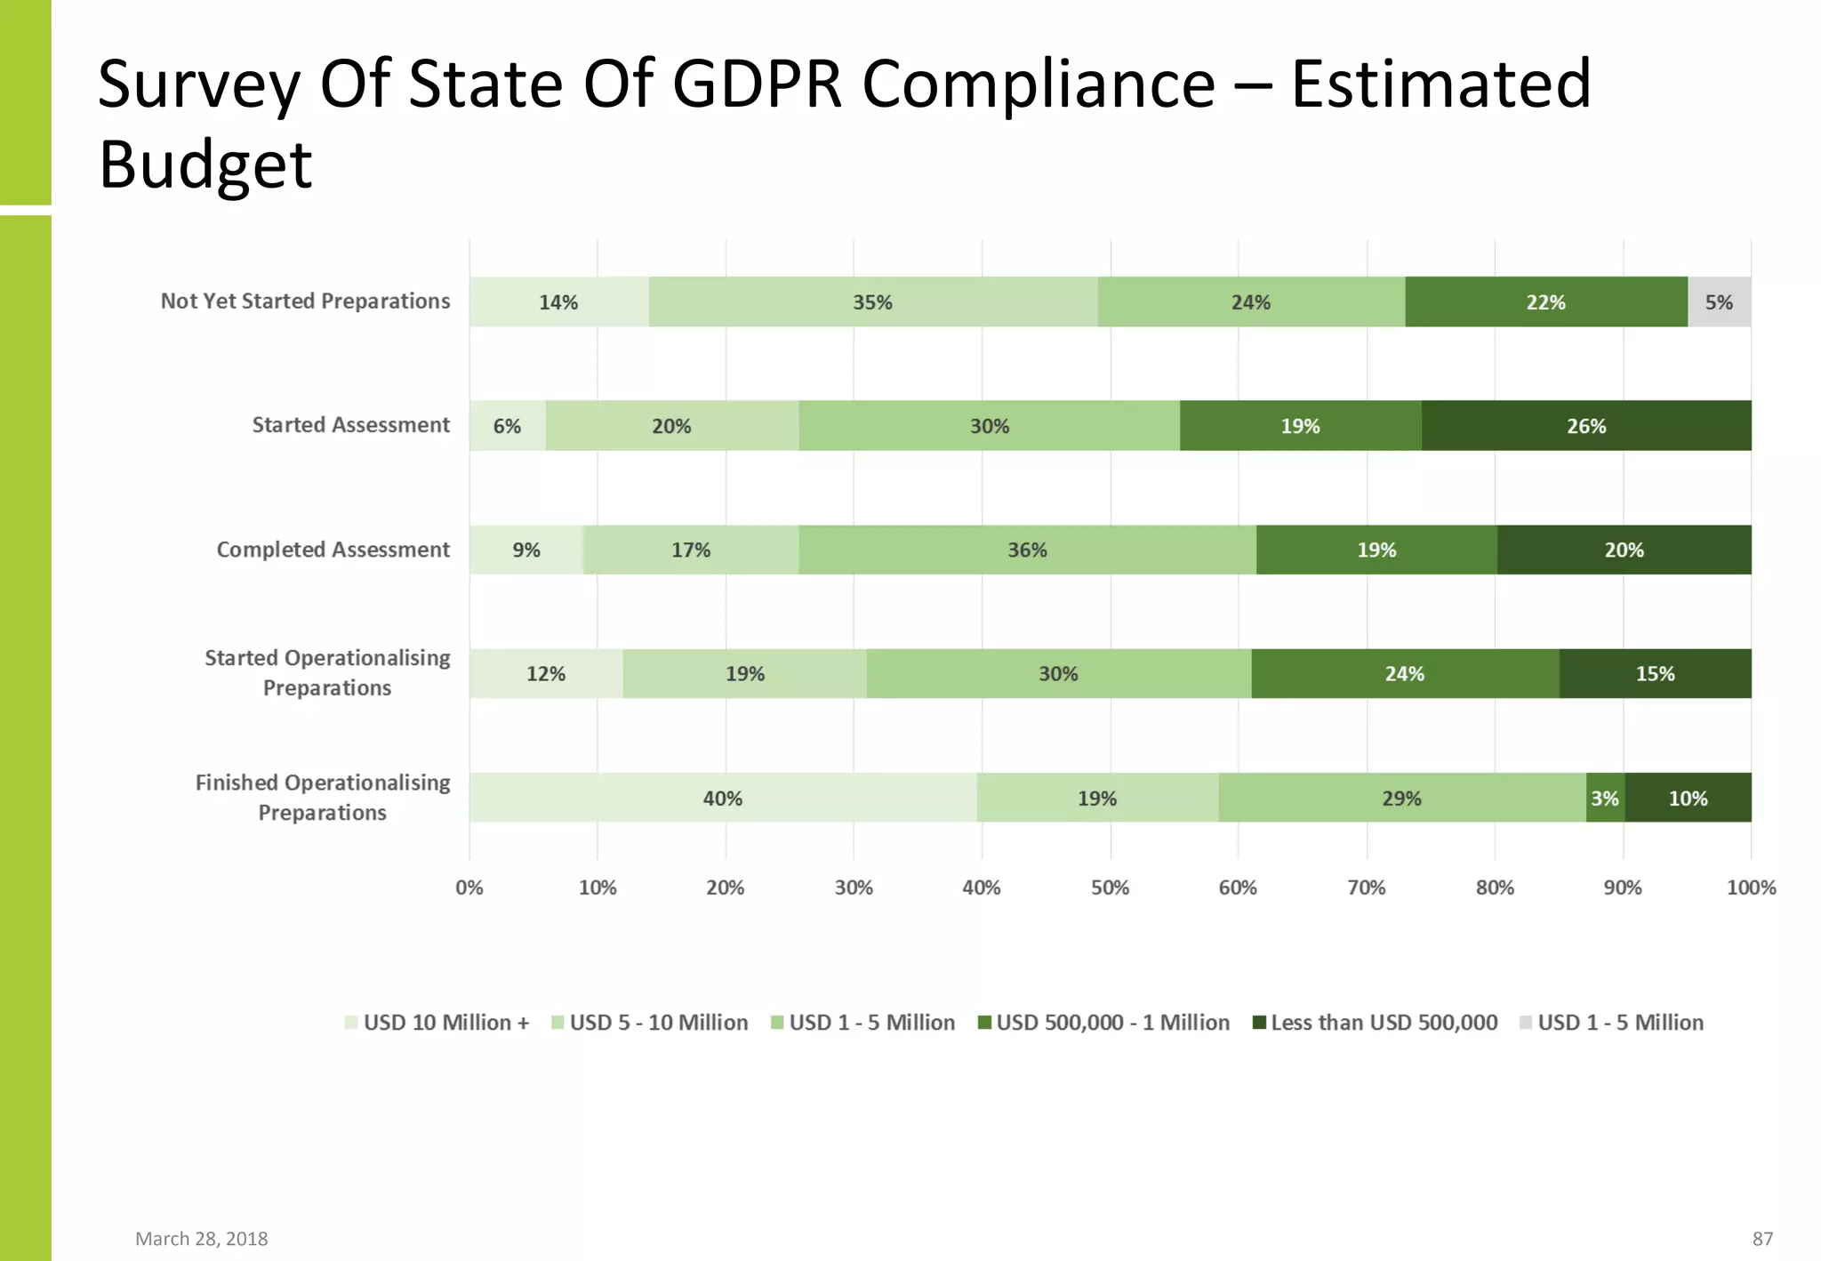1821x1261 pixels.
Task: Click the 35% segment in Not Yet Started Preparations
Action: tap(872, 302)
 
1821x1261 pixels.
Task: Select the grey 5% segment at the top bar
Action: tap(1719, 302)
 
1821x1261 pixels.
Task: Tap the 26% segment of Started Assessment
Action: tap(1586, 426)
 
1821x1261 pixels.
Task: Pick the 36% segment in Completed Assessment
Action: tap(1027, 550)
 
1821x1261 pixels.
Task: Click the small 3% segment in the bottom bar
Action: tap(1605, 798)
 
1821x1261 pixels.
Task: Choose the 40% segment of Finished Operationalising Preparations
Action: tap(722, 798)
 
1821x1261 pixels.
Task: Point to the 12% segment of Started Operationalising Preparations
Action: tap(546, 673)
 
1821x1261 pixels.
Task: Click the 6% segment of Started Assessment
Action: tap(507, 426)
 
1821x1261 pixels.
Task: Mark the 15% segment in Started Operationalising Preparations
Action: tap(1655, 673)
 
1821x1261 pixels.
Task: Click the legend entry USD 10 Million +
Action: tap(437, 1023)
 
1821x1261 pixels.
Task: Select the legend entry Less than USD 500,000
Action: tap(1375, 1023)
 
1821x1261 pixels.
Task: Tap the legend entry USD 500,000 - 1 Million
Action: tap(1103, 1023)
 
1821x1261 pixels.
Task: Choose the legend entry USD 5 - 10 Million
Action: tap(650, 1023)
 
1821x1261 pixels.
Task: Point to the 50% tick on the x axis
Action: tap(1110, 888)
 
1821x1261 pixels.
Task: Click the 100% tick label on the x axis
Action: tap(1751, 888)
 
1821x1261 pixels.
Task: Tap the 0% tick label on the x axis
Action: tap(469, 888)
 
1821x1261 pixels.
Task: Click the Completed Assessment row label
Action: tap(333, 550)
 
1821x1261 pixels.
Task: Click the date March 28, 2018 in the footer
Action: tap(201, 1239)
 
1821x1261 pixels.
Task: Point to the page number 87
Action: tap(1762, 1239)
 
